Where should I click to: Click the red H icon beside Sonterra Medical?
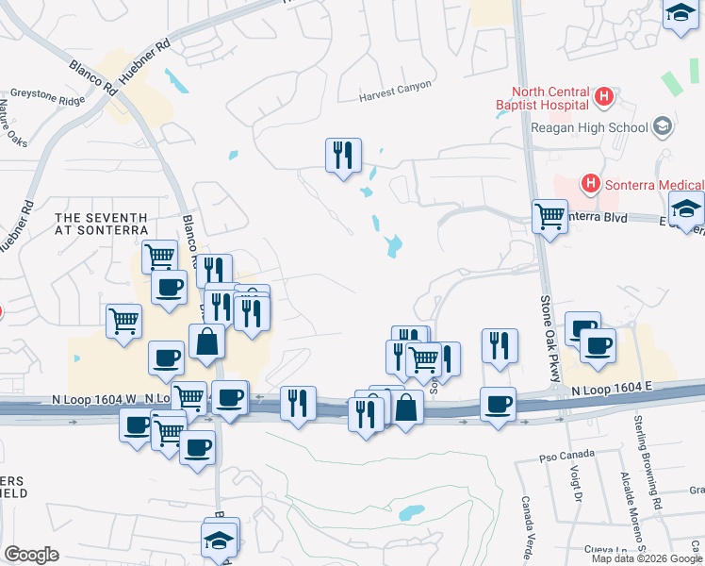(591, 182)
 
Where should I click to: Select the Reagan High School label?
(589, 127)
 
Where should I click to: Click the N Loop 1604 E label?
(610, 387)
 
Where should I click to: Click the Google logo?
(31, 554)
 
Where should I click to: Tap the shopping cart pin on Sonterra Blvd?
(549, 216)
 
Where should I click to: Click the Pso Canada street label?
(557, 458)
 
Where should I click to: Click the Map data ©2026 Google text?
(647, 558)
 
